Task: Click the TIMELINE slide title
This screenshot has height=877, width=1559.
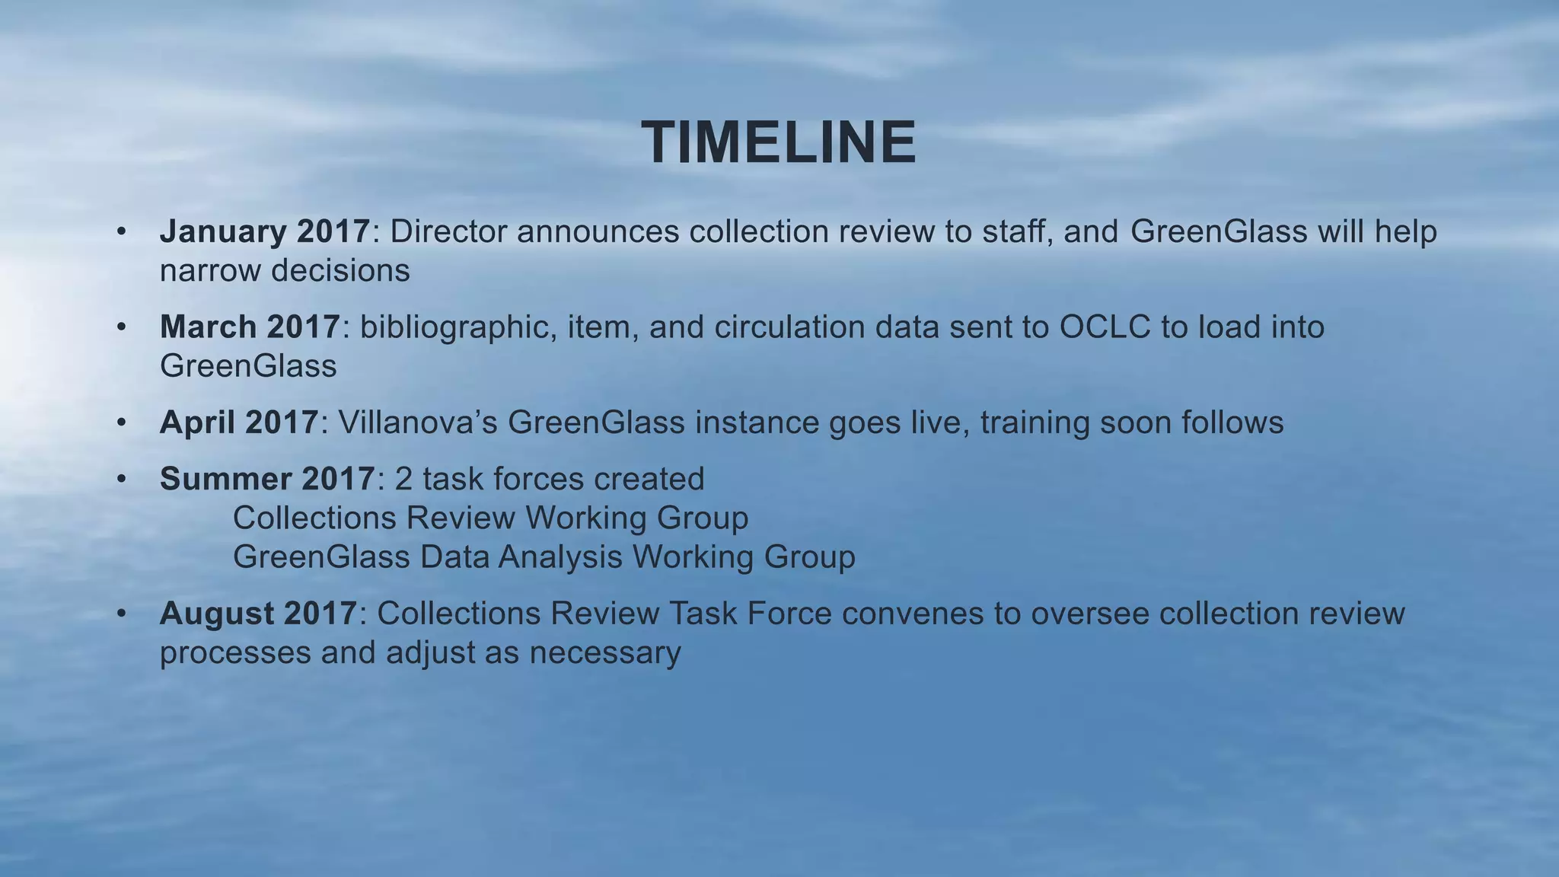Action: coord(779,143)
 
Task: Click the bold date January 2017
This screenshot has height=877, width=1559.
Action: coord(265,231)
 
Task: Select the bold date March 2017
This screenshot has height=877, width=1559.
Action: coord(250,327)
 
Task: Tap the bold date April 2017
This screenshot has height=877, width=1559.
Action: coord(239,423)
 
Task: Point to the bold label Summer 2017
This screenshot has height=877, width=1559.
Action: coord(266,480)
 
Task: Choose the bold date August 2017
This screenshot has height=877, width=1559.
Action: coord(258,614)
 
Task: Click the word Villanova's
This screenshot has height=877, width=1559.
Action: coord(418,423)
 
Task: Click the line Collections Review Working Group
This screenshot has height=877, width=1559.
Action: coord(490,518)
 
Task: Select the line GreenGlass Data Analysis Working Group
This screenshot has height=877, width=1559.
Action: coord(544,557)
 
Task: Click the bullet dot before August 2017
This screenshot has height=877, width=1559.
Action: coord(121,614)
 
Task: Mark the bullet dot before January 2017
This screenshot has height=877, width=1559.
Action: coord(121,231)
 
